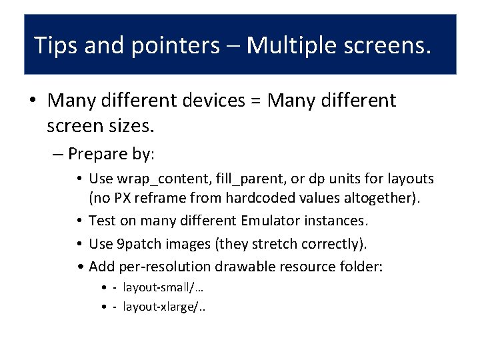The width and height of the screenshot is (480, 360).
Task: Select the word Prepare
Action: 99,154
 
